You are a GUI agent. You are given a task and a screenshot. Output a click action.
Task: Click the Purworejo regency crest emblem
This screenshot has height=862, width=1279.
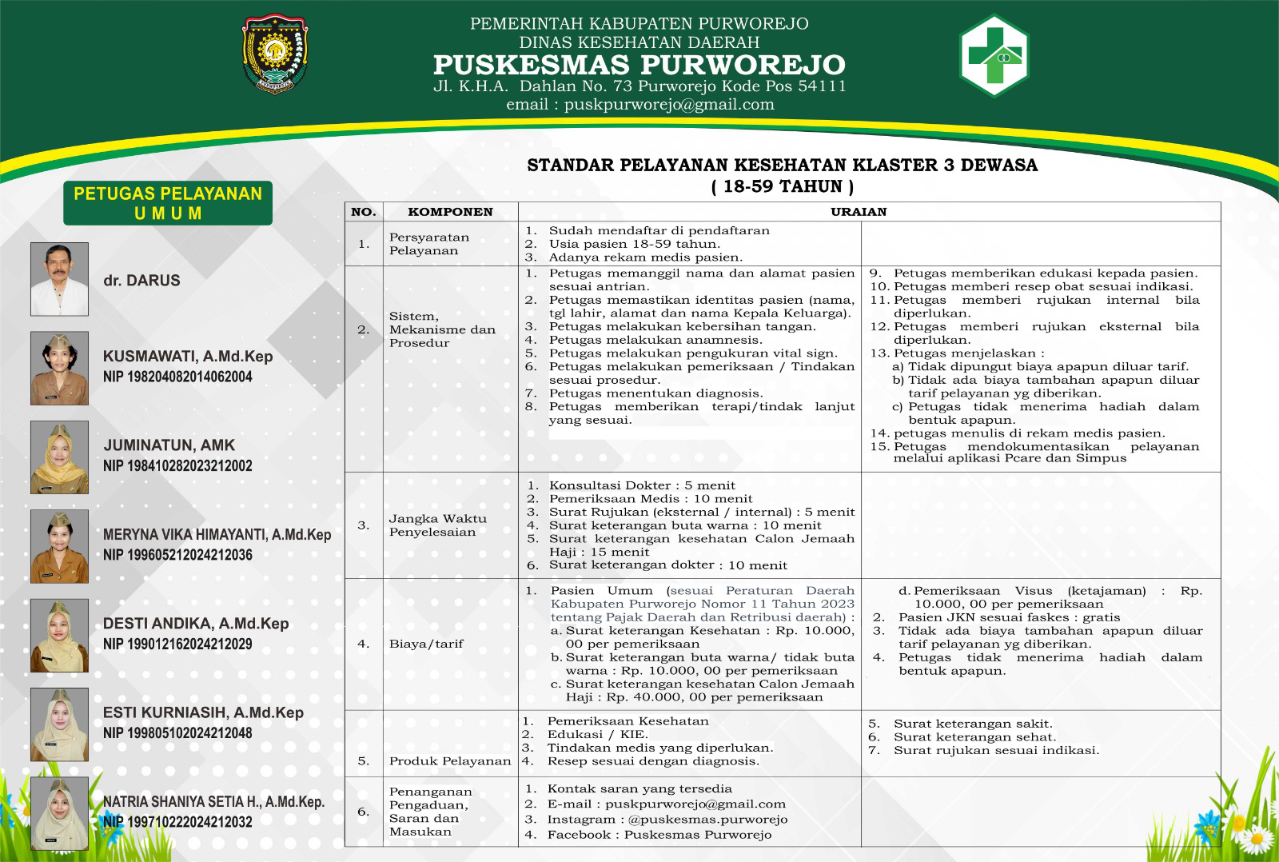275,54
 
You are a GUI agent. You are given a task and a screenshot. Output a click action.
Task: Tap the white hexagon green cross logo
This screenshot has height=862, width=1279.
994,55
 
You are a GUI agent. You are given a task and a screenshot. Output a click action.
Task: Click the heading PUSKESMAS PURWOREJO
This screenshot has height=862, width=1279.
639,65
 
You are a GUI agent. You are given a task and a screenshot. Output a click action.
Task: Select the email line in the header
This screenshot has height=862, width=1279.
639,105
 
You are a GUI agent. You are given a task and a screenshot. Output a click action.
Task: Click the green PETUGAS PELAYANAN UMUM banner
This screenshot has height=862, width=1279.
168,203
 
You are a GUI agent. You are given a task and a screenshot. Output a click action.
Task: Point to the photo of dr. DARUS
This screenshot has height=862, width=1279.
59,279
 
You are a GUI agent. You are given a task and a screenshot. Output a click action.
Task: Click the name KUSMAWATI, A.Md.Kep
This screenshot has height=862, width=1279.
188,357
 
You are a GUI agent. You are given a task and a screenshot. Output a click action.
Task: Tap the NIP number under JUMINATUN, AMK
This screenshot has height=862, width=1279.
177,465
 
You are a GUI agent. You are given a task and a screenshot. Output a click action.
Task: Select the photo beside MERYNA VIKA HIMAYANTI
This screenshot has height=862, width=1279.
59,546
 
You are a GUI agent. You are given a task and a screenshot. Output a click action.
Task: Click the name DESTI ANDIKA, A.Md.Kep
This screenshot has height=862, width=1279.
196,624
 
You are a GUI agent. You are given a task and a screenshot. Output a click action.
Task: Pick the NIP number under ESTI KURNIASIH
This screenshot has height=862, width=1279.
177,732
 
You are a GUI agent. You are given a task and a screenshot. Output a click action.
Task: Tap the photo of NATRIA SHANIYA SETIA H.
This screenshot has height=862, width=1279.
59,813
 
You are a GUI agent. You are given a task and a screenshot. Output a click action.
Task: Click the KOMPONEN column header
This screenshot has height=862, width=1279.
450,212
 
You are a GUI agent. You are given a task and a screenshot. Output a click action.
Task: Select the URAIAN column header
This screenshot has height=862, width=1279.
859,212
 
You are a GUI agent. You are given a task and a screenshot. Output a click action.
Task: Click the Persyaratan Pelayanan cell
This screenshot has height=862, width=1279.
429,244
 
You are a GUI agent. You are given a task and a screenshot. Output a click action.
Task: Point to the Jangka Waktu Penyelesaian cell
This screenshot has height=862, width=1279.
437,525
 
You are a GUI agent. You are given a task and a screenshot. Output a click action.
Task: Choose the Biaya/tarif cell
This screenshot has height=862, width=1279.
426,644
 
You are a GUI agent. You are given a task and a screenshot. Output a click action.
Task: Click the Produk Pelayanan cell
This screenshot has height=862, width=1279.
450,761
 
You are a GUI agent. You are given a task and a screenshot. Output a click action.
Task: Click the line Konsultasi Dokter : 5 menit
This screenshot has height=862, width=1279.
641,485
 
